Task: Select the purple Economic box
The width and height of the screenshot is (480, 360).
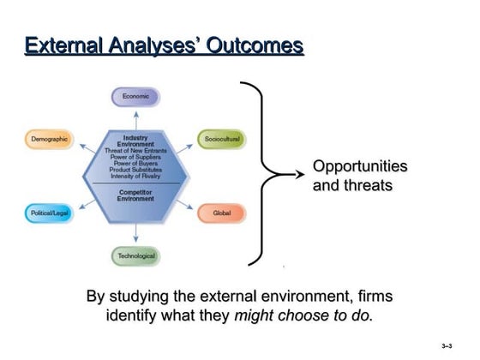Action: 135,97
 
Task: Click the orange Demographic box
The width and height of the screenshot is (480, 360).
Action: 49,139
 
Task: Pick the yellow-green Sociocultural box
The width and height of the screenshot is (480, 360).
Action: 221,139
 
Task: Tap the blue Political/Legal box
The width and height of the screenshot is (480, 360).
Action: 49,212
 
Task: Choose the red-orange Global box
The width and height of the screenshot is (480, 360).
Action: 221,212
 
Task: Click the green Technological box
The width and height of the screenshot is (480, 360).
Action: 135,255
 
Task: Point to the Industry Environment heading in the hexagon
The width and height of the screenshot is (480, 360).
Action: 135,141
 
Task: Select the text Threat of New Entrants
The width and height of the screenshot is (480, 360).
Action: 135,151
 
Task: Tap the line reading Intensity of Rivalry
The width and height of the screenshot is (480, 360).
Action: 135,176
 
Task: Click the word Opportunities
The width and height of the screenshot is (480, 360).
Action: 359,166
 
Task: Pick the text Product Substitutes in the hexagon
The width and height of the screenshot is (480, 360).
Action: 135,170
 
